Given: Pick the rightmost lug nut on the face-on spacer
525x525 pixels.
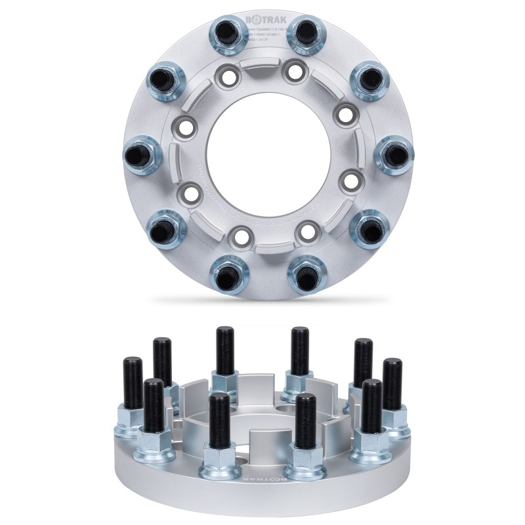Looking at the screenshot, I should (x=395, y=154).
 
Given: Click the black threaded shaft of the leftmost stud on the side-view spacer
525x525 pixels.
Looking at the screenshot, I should (x=132, y=381).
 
